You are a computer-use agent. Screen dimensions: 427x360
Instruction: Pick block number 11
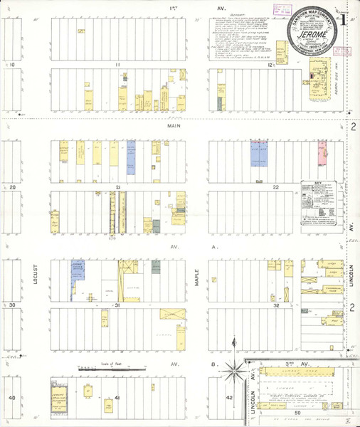pyautogui.click(x=120, y=65)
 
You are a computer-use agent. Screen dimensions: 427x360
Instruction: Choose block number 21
pyautogui.click(x=119, y=188)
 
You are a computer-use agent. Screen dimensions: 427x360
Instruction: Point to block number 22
pyautogui.click(x=275, y=187)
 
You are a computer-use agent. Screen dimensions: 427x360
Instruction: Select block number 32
pyautogui.click(x=275, y=305)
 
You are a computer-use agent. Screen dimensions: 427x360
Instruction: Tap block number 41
pyautogui.click(x=117, y=397)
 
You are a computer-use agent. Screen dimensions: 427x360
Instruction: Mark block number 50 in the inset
pyautogui.click(x=297, y=413)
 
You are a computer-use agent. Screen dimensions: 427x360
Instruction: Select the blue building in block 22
pyautogui.click(x=258, y=151)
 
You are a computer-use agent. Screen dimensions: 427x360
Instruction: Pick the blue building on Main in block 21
pyautogui.click(x=131, y=157)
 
